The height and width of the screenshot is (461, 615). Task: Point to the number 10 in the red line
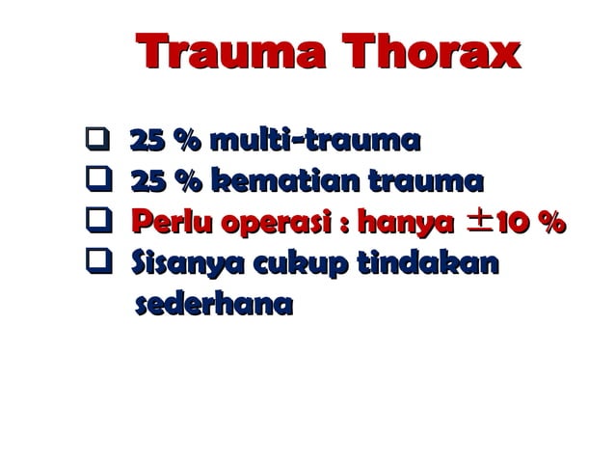pos(510,224)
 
